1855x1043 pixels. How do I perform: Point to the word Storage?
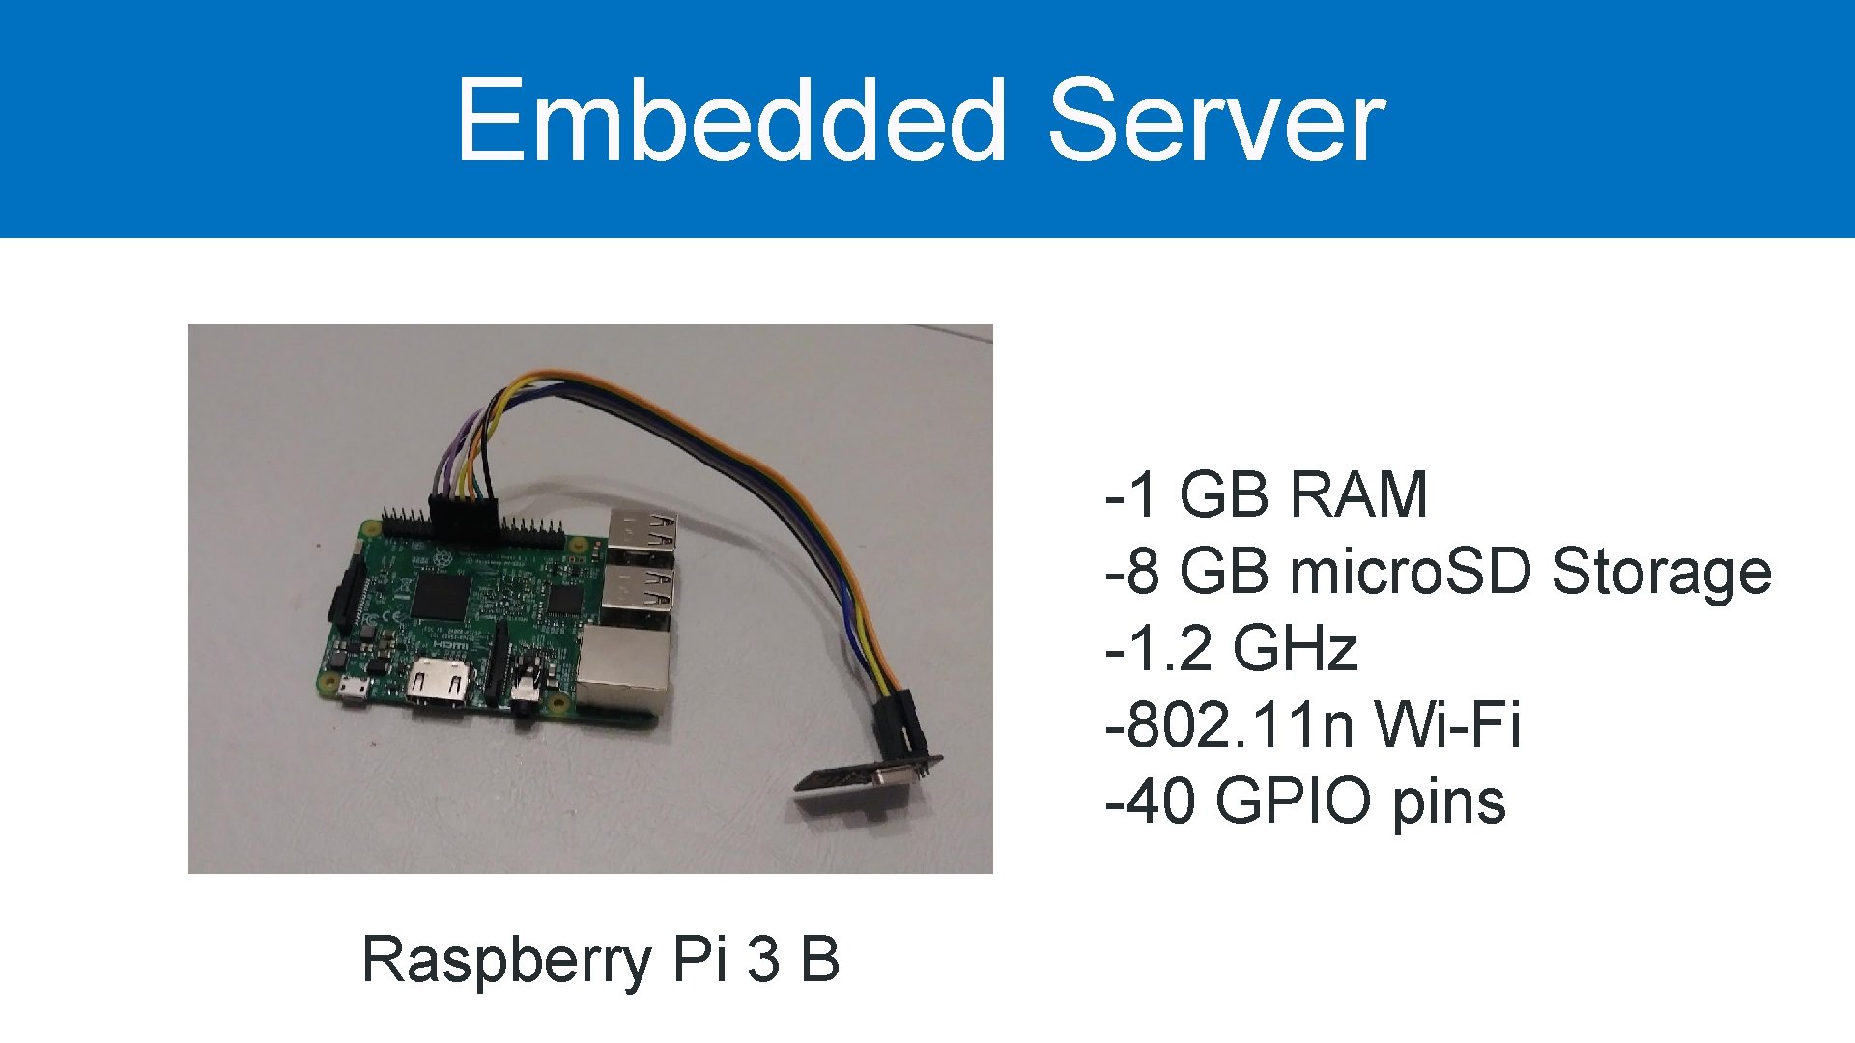(1661, 572)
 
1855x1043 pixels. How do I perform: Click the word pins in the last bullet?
(1448, 803)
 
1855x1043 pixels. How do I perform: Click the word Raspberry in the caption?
(506, 960)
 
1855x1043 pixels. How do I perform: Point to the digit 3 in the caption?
(763, 960)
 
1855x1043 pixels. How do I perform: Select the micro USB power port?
(352, 690)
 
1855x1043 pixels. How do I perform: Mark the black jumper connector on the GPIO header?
(463, 512)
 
